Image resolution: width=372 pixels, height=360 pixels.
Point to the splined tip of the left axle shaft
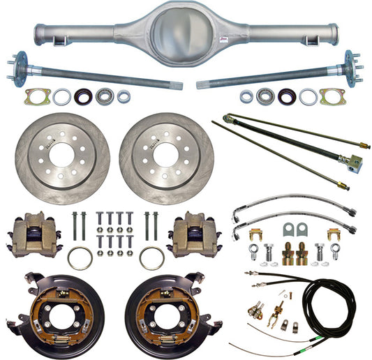point(177,86)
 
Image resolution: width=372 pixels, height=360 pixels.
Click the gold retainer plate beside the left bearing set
point(36,97)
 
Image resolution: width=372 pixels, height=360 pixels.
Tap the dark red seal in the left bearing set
point(82,97)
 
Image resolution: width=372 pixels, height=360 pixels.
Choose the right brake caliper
point(195,234)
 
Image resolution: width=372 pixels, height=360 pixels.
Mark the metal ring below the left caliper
point(80,258)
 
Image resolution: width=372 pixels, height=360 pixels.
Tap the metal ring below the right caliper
point(151,257)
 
